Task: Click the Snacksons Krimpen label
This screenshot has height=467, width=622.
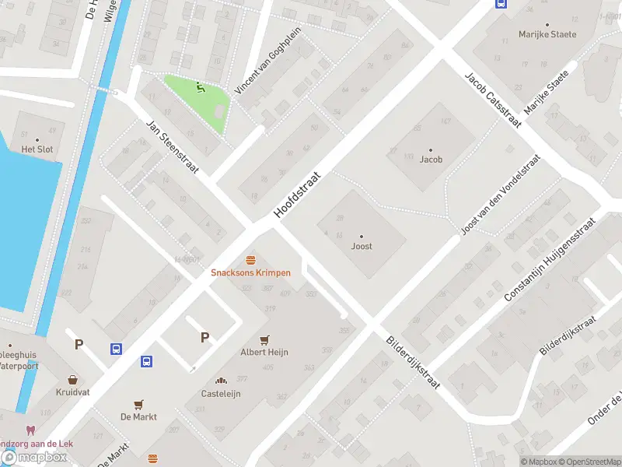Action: [x=250, y=273]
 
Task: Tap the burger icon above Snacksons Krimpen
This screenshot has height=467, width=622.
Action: [x=250, y=259]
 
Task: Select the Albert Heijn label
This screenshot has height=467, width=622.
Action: [x=264, y=353]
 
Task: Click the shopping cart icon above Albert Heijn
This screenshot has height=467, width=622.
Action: [x=264, y=339]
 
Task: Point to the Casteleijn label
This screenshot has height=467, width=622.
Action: [x=222, y=394]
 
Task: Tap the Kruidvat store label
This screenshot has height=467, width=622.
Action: [x=73, y=392]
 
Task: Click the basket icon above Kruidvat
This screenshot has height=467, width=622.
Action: [x=73, y=379]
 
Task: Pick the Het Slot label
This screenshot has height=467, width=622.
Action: [x=37, y=149]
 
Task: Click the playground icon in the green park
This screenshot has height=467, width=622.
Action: [x=202, y=88]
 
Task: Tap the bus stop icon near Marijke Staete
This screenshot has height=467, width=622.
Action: [x=500, y=3]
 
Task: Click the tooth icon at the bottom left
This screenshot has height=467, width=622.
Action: [x=31, y=430]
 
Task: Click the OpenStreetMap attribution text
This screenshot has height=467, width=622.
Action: [x=589, y=462]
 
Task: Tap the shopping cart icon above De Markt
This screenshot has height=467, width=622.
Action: [x=138, y=404]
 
